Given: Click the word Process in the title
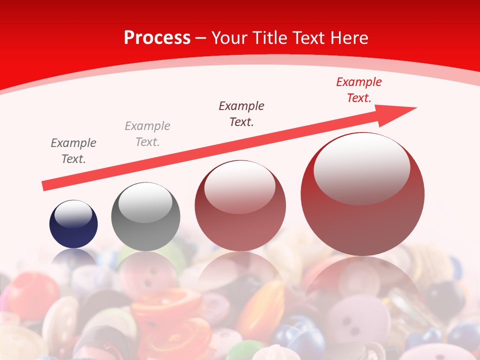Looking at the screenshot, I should coord(157,38).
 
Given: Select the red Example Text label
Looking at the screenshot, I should coord(358,90).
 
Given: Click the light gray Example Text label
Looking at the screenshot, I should coord(147,134).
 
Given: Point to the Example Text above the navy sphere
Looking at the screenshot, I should coord(73,151).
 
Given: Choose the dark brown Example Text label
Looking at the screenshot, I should coord(241,113).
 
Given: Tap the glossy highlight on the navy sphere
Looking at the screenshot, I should coord(73,214).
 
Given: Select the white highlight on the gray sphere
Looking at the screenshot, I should coord(145,202).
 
